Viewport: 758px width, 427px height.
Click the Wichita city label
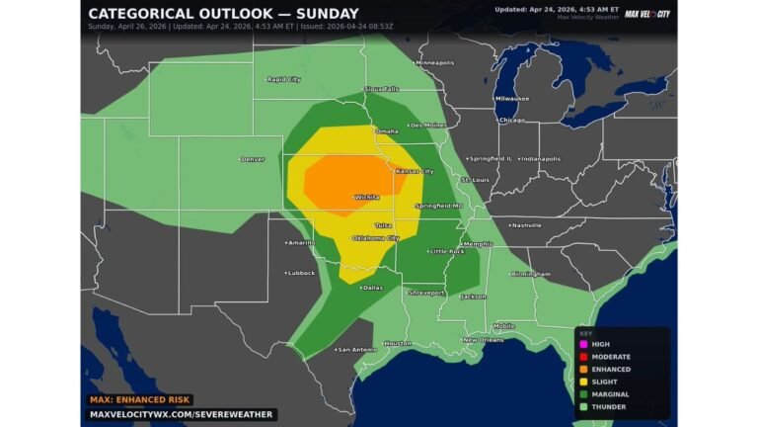click(x=367, y=198)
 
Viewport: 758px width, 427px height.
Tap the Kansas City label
click(x=415, y=172)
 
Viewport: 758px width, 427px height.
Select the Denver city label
click(x=253, y=159)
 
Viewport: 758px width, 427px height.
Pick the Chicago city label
click(x=512, y=121)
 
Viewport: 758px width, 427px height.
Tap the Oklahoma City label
click(x=380, y=238)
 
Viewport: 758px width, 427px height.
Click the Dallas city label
click(x=372, y=288)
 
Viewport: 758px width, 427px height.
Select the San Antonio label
click(x=356, y=350)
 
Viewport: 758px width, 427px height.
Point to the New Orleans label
click(x=484, y=340)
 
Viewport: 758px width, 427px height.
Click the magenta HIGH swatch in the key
click(x=584, y=344)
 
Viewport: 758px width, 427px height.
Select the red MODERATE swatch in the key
click(x=584, y=357)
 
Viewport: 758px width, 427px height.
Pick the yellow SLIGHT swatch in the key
click(x=584, y=382)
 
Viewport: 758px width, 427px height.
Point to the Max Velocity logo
click(x=647, y=14)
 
